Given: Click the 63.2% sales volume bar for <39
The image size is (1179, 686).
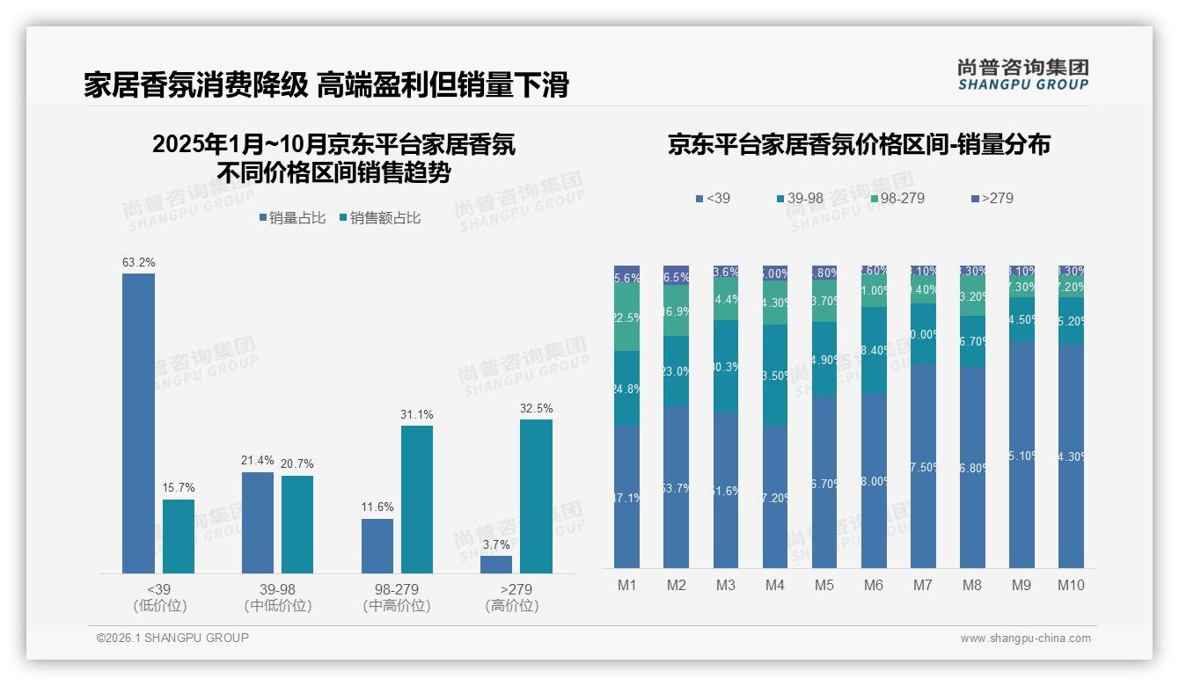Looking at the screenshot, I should pyautogui.click(x=138, y=423).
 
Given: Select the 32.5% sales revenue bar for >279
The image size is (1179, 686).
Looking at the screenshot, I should pyautogui.click(x=536, y=496).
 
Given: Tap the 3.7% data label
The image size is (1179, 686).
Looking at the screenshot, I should pyautogui.click(x=495, y=544).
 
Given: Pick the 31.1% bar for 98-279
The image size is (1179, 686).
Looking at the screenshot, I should pyautogui.click(x=417, y=500).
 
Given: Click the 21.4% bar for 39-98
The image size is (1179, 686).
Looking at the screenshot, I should pyautogui.click(x=258, y=522).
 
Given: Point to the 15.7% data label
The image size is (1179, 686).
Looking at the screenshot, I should pyautogui.click(x=179, y=487).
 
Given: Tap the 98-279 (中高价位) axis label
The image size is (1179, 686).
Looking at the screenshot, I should pyautogui.click(x=397, y=597).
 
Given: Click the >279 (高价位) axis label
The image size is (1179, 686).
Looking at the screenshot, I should pyautogui.click(x=511, y=597).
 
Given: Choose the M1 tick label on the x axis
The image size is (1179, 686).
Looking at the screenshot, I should pyautogui.click(x=626, y=586).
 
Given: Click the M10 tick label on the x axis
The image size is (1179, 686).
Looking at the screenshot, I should pyautogui.click(x=1070, y=586).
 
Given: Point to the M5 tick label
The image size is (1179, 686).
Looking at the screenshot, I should pyautogui.click(x=824, y=586).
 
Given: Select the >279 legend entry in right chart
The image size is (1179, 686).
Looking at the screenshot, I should pyautogui.click(x=992, y=199).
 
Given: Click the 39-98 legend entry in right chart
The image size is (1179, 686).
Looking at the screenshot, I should pyautogui.click(x=799, y=199).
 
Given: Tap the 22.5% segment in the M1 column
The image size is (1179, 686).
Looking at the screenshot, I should pyautogui.click(x=626, y=317).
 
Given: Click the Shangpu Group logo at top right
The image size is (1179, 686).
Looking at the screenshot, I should pyautogui.click(x=1022, y=75).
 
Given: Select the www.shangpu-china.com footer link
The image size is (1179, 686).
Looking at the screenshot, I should pyautogui.click(x=1025, y=639).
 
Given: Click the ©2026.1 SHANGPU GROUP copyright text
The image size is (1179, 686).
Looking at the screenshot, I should pyautogui.click(x=172, y=638).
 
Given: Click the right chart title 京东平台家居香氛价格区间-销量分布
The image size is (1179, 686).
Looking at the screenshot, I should pyautogui.click(x=859, y=145).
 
